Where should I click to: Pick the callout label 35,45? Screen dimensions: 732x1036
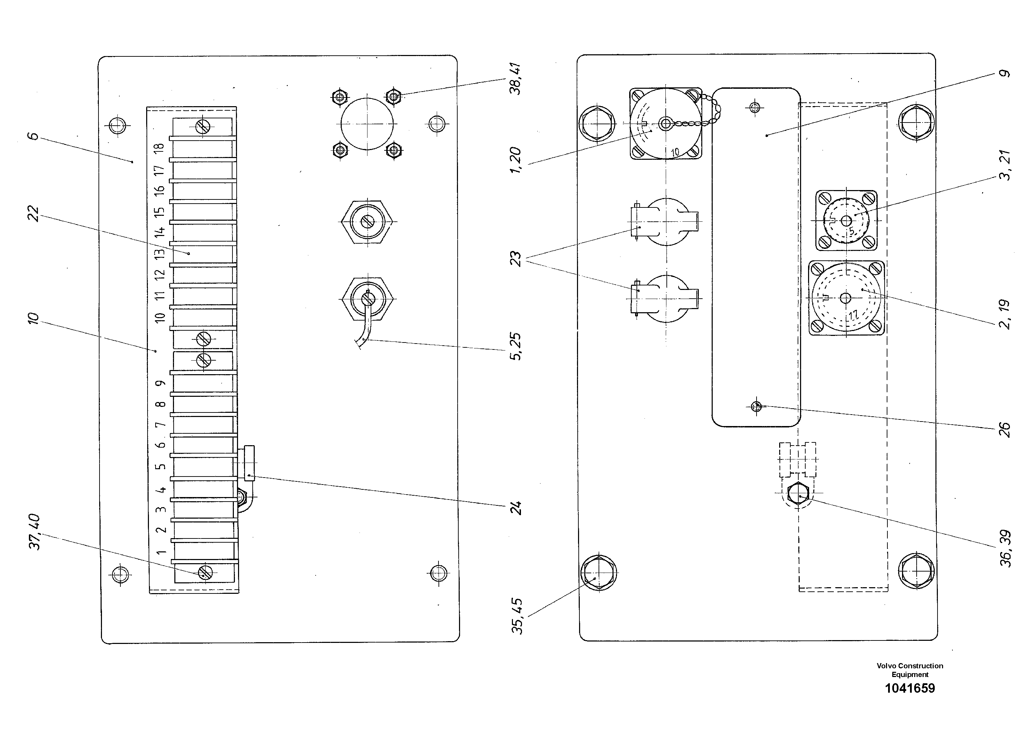tap(517, 616)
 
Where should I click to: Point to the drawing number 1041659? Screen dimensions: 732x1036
tap(910, 688)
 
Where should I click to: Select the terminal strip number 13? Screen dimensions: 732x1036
tap(159, 253)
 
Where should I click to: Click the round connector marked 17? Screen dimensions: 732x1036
tap(846, 298)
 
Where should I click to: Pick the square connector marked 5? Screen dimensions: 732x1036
tap(846, 221)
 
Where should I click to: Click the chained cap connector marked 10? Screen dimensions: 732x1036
tap(665, 123)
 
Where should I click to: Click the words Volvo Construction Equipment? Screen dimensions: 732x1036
tap(910, 670)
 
